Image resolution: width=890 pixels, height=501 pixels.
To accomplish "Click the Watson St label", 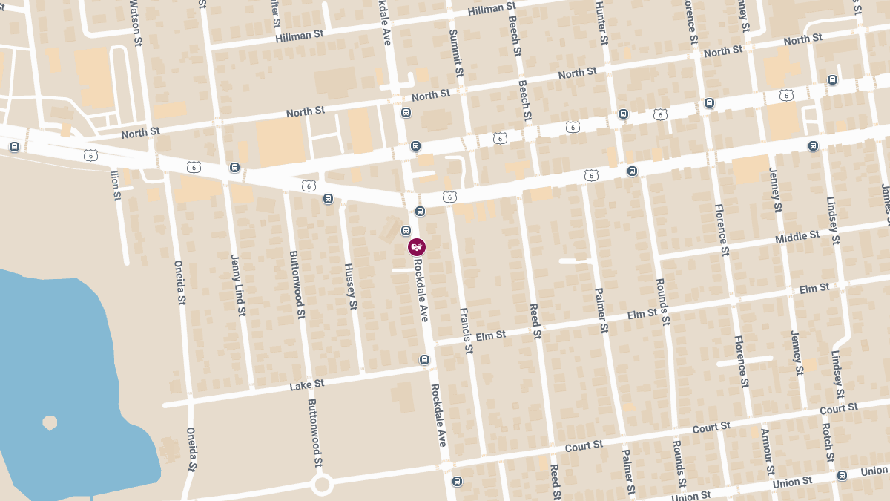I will click(135, 23).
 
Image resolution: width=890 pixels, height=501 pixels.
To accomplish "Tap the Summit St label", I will click(457, 53).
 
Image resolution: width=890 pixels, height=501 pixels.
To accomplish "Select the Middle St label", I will click(797, 237).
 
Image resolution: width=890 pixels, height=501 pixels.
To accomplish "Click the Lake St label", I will click(307, 385).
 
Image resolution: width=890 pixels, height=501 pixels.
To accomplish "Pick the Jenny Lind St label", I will click(238, 285).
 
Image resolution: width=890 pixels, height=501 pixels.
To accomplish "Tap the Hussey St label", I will click(351, 286).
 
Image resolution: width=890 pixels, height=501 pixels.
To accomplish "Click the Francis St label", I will click(466, 330).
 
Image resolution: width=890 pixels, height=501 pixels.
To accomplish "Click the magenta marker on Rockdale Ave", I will click(417, 247).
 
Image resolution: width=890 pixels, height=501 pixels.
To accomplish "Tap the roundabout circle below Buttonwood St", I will click(322, 485).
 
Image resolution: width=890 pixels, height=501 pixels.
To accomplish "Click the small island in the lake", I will click(50, 422).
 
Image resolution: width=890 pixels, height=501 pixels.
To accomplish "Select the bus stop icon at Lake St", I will click(424, 360).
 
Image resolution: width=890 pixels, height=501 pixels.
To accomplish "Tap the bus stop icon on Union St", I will click(842, 475).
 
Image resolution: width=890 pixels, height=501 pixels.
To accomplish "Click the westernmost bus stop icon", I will click(14, 146).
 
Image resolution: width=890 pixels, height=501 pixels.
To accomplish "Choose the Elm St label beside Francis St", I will click(490, 336).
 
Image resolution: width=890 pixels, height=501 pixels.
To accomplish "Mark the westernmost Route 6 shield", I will click(90, 155).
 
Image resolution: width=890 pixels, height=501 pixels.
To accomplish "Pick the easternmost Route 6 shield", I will click(786, 95).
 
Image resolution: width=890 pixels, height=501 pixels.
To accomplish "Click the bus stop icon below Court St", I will click(457, 481).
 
